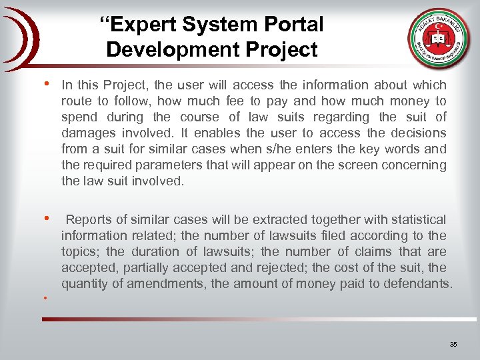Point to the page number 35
[453, 345]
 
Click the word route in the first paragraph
[76, 101]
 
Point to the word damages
[87, 133]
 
